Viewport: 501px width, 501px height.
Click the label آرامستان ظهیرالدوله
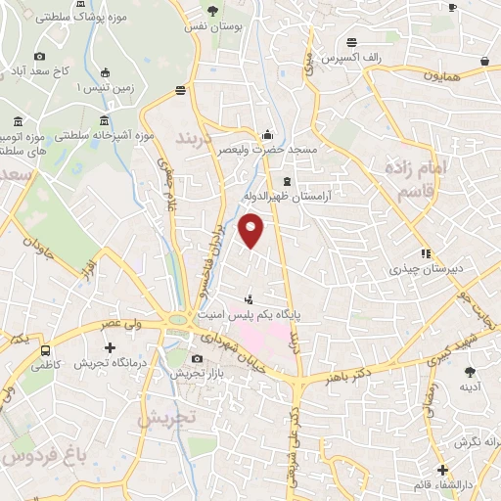(x=317, y=196)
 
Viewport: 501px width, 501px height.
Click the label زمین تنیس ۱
(x=79, y=88)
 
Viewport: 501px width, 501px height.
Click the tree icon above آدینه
(x=469, y=371)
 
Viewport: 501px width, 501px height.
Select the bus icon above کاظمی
(x=46, y=350)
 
